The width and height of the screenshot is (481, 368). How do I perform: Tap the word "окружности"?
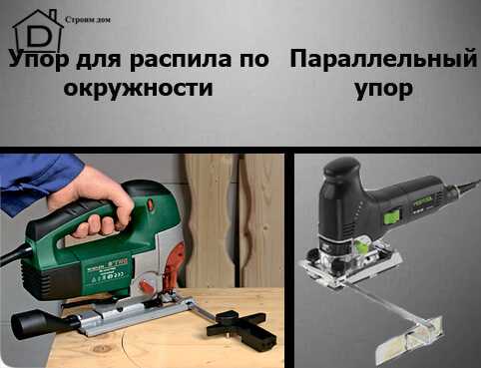pyautogui.click(x=138, y=88)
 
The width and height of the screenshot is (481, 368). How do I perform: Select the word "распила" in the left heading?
pyautogui.click(x=180, y=60)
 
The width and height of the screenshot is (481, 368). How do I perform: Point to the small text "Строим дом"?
pyautogui.click(x=88, y=20)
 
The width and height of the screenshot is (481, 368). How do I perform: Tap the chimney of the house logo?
pyautogui.click(x=53, y=15)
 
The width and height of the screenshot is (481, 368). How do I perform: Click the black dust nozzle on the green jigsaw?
pyautogui.click(x=40, y=324)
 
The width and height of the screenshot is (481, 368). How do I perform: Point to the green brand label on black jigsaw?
pyautogui.click(x=423, y=200)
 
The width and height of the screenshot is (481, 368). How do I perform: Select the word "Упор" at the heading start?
pyautogui.click(x=39, y=60)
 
